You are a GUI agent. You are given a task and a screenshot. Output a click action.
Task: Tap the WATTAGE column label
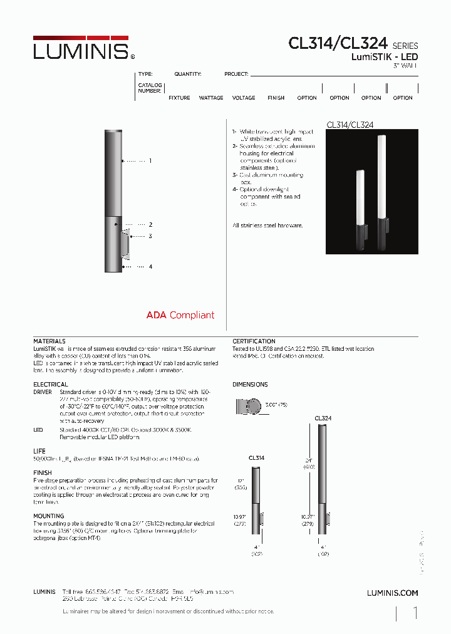click(x=211, y=98)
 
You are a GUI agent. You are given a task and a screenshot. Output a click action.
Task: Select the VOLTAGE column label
click(x=244, y=98)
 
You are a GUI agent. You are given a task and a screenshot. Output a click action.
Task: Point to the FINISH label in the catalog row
click(x=276, y=98)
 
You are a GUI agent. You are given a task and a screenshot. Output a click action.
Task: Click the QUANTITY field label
click(x=188, y=74)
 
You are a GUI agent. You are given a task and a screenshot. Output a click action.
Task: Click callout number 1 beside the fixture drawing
click(x=150, y=161)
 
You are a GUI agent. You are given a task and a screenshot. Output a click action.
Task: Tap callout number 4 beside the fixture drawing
click(x=150, y=267)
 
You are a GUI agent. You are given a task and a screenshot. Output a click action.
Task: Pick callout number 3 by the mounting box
click(x=150, y=236)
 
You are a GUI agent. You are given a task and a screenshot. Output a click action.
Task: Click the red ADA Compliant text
click(x=180, y=315)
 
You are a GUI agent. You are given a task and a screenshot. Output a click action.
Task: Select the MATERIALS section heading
click(x=49, y=341)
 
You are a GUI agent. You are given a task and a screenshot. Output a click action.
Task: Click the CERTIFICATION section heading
click(x=254, y=341)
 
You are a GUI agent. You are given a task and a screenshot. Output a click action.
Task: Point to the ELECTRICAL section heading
click(x=51, y=384)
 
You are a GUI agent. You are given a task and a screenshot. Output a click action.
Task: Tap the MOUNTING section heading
click(x=49, y=516)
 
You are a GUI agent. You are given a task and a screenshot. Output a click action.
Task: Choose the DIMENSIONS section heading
click(x=250, y=384)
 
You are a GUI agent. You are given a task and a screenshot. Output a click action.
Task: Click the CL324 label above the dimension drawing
click(x=323, y=418)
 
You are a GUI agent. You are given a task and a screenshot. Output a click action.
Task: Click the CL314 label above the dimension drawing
click(x=256, y=458)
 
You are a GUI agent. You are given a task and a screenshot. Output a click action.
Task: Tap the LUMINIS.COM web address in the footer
click(x=392, y=593)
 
